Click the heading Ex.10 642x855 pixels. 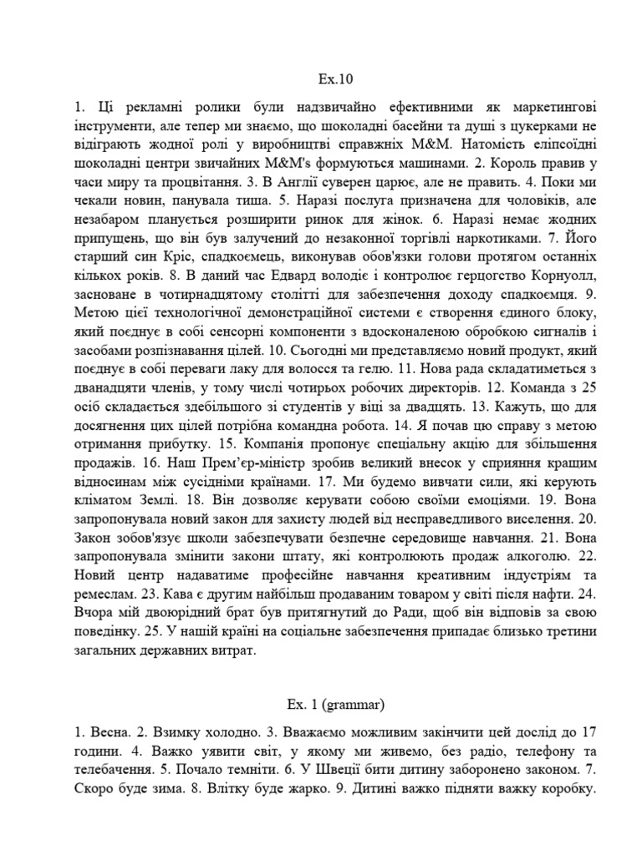321,80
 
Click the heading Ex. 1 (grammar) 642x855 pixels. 321,705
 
